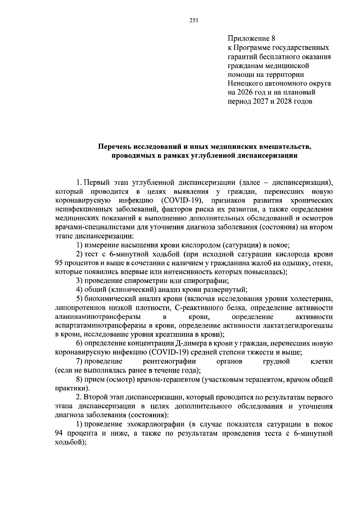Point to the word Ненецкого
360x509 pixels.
(x=247, y=83)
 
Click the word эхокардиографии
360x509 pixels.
(x=156, y=424)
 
